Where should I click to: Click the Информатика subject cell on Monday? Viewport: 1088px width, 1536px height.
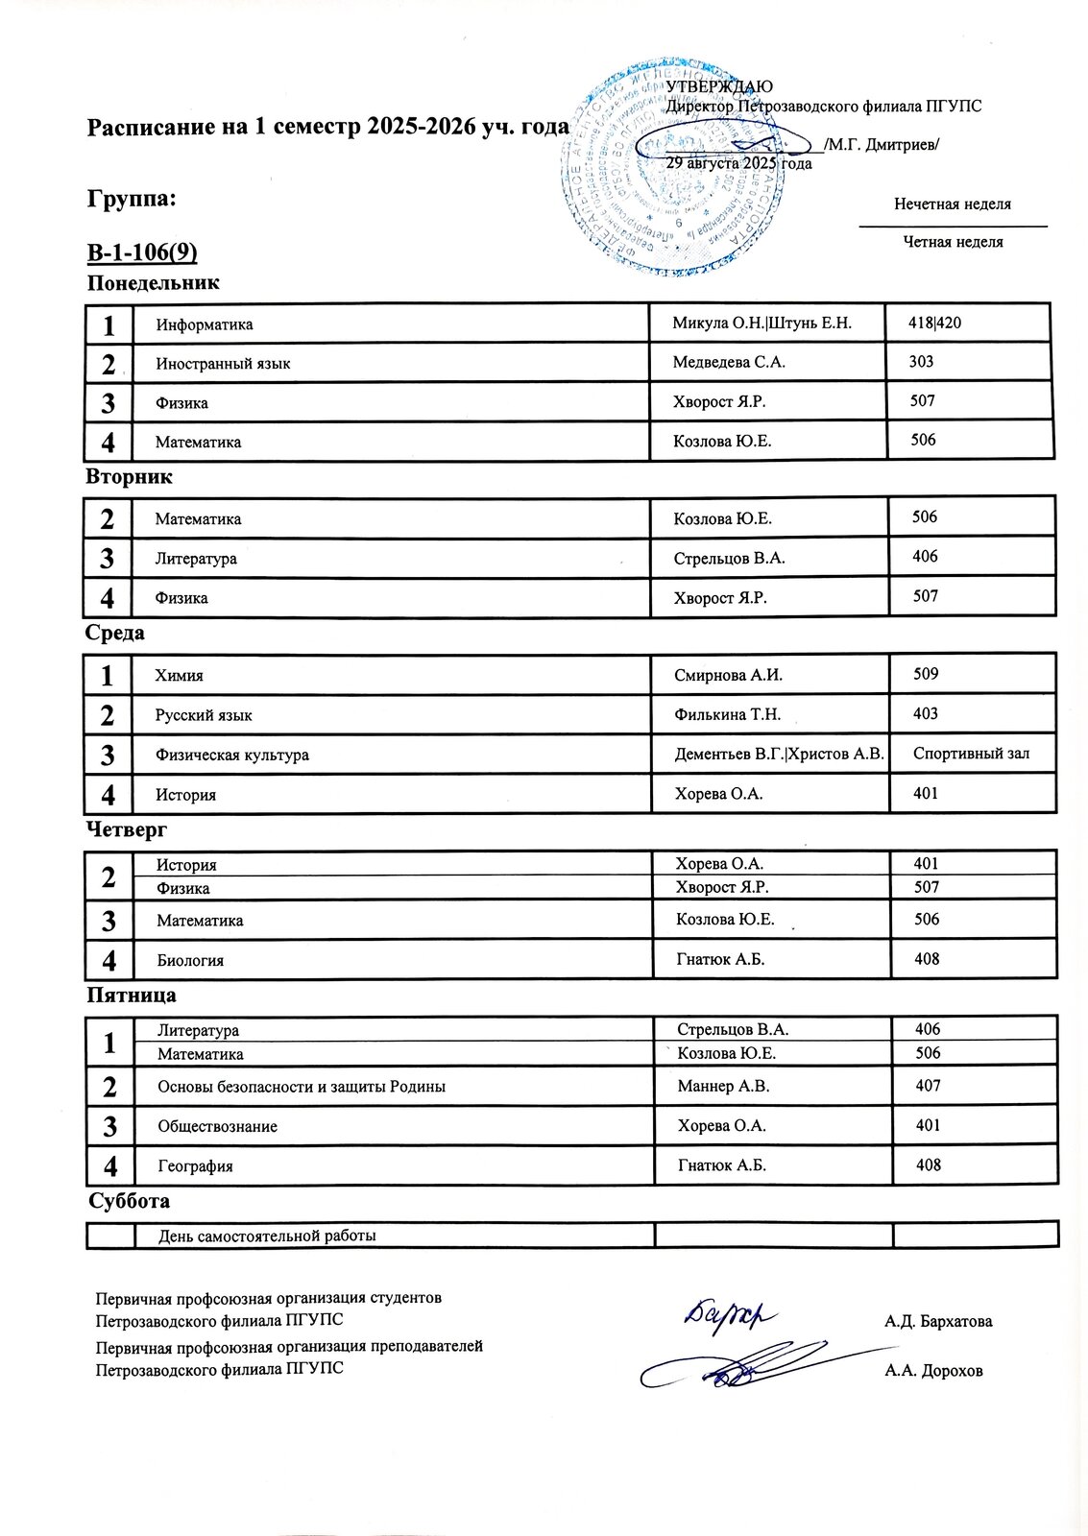(x=205, y=324)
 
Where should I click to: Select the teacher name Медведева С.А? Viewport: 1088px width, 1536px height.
(x=729, y=362)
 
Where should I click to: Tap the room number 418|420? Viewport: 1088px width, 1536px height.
(x=934, y=323)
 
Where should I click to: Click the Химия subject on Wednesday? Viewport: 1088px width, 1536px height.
(x=180, y=676)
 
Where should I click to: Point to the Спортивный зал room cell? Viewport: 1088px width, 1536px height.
(x=971, y=754)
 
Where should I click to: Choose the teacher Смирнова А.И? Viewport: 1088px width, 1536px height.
(x=728, y=675)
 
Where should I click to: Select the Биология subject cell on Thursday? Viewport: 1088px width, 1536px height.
(x=190, y=960)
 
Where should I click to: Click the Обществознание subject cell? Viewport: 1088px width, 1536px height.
(x=218, y=1126)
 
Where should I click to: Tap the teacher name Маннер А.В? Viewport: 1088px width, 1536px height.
(x=723, y=1086)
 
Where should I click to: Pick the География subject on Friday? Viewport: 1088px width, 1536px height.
(x=196, y=1166)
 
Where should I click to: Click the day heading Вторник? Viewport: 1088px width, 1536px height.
(x=129, y=477)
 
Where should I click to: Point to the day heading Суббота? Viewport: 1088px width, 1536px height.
(x=129, y=1201)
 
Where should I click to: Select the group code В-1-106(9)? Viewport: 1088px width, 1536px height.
(x=142, y=252)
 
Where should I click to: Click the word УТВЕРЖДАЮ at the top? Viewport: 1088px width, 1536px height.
(x=719, y=87)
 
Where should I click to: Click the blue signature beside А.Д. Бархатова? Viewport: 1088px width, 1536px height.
(x=729, y=1313)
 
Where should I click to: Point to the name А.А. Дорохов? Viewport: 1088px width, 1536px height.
(x=933, y=1371)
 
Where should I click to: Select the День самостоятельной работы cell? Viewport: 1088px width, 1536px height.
(x=267, y=1236)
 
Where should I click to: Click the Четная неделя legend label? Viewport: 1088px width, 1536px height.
(x=953, y=242)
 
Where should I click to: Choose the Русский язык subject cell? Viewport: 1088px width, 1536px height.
(x=204, y=715)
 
